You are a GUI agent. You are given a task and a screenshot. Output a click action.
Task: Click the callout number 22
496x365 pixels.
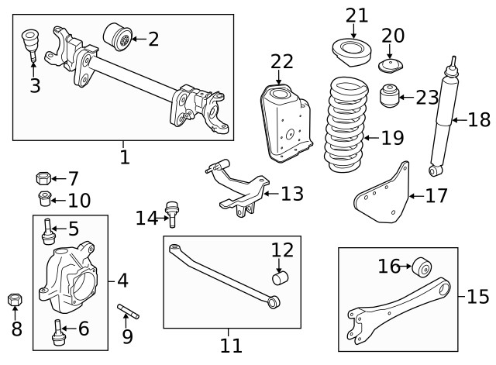pyautogui.click(x=282, y=61)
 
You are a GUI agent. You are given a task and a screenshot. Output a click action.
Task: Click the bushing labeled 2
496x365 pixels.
pyautogui.click(x=117, y=36)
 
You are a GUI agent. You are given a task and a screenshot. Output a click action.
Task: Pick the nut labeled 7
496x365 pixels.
pyautogui.click(x=43, y=180)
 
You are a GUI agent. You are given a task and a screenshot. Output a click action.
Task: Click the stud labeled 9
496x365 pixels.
pyautogui.click(x=128, y=314)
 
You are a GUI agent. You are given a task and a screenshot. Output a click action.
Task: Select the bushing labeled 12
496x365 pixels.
pyautogui.click(x=279, y=277)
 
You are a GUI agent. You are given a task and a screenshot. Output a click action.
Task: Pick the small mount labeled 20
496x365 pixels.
pyautogui.click(x=390, y=65)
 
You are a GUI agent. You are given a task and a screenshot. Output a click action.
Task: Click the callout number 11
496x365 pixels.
pyautogui.click(x=231, y=344)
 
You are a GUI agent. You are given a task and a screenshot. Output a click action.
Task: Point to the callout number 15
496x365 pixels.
pyautogui.click(x=479, y=297)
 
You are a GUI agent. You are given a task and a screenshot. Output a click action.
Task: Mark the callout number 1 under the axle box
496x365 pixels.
pyautogui.click(x=124, y=158)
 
